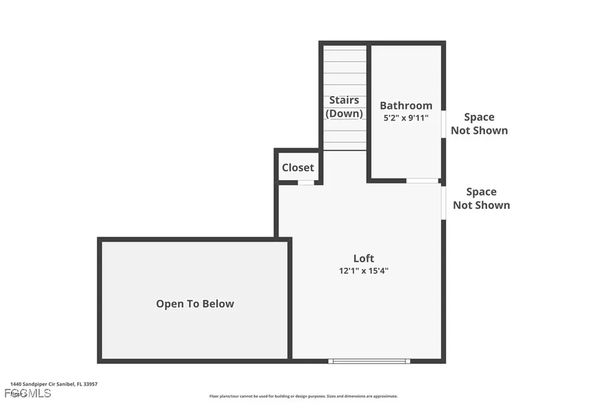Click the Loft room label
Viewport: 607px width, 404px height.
coord(363,258)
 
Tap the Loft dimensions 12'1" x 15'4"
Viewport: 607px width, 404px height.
coord(363,271)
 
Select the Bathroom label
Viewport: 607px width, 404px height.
coord(406,105)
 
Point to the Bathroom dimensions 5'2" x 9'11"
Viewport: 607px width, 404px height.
coord(406,118)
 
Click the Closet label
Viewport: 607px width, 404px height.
coord(298,168)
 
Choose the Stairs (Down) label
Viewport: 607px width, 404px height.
coord(344,107)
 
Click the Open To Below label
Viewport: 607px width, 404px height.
coord(195,304)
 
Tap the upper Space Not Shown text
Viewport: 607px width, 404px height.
coord(479,124)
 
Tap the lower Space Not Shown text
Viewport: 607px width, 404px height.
coord(481,198)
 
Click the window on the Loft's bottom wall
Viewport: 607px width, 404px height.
coord(369,361)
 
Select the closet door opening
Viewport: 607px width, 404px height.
coord(306,182)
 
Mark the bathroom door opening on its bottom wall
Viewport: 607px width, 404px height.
coord(423,181)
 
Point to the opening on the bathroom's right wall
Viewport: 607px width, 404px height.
coord(443,124)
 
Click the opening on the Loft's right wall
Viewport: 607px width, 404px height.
coord(443,203)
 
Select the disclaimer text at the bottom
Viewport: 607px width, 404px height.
coord(303,396)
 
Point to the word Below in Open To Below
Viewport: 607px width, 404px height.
coord(219,304)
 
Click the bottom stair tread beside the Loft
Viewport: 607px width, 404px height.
coord(344,146)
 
